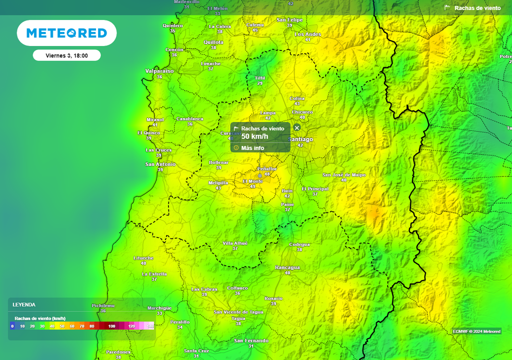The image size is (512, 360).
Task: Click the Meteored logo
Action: [66, 33]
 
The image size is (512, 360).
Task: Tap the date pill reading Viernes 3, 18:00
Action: [66, 55]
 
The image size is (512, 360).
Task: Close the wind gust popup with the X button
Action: [297, 128]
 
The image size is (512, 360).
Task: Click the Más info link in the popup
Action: [252, 148]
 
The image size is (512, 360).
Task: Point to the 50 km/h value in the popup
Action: [254, 136]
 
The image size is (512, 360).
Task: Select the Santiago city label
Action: [300, 139]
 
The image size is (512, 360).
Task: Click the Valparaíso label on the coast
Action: [159, 71]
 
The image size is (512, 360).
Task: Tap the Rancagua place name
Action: [287, 267]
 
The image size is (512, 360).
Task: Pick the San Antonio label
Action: [160, 164]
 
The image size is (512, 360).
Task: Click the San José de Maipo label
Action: [344, 175]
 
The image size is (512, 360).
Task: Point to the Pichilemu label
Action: [103, 305]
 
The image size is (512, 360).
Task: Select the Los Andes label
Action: [307, 34]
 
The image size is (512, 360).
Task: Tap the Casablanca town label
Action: [190, 118]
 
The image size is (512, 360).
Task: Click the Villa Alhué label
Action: [235, 243]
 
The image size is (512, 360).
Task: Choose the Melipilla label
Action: [218, 183]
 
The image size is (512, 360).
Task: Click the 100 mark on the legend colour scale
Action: [111, 326]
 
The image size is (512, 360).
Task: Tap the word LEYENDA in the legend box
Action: [24, 304]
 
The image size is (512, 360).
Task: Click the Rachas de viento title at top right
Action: [477, 8]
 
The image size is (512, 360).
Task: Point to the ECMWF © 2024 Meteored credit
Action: [476, 331]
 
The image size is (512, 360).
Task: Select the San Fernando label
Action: [251, 340]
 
